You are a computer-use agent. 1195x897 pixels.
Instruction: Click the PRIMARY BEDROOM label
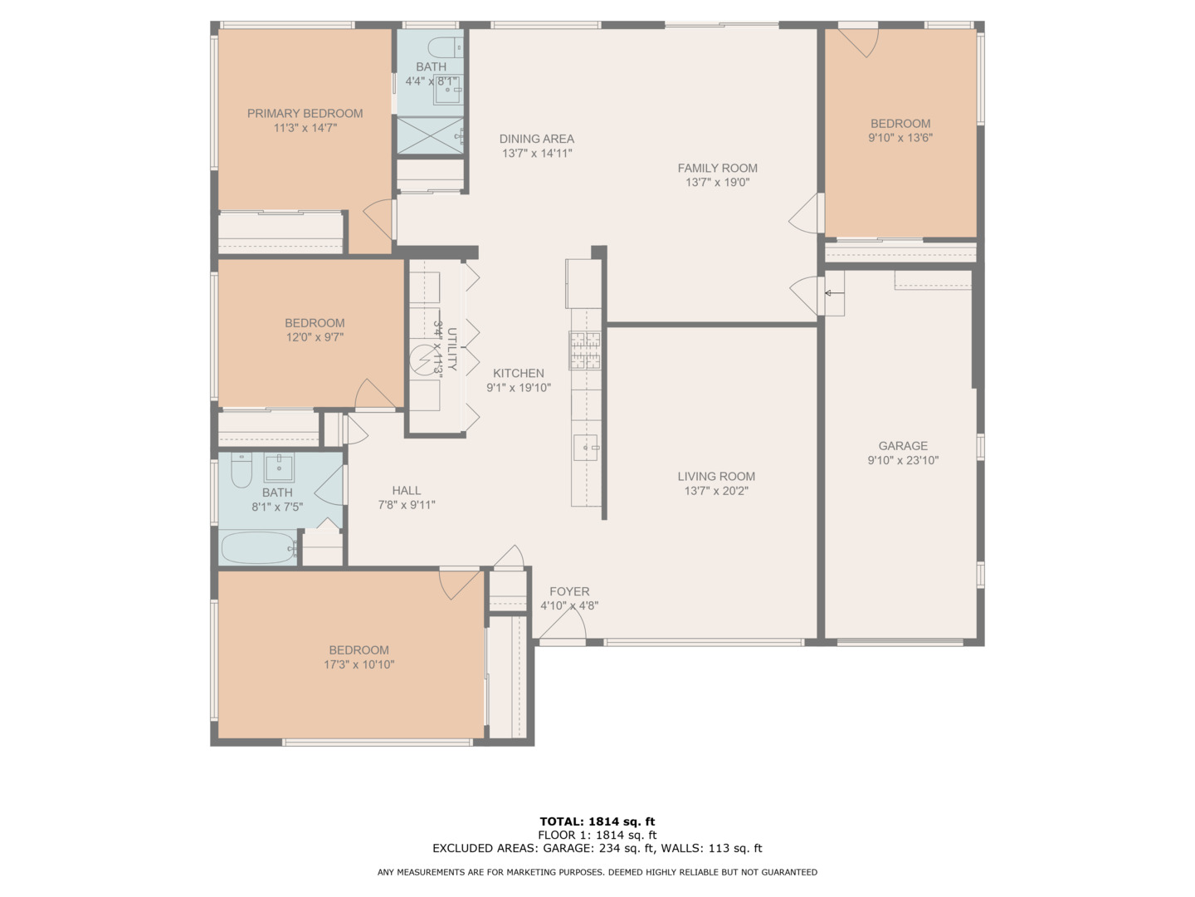(305, 113)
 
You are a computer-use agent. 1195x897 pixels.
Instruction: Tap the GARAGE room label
(903, 445)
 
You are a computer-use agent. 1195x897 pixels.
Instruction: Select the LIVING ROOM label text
(716, 476)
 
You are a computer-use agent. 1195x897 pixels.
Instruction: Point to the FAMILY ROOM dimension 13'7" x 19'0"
(717, 182)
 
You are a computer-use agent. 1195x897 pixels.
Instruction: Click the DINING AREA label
(537, 139)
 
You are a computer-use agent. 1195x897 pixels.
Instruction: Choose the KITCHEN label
(519, 373)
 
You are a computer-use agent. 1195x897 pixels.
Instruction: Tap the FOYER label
(569, 591)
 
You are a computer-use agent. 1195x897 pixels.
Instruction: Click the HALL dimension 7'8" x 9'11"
(407, 504)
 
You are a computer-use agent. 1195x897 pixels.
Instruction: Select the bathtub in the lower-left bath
(257, 548)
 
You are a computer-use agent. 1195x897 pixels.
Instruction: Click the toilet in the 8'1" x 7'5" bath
(241, 468)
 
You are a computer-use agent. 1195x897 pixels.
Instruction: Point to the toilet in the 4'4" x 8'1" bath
(445, 47)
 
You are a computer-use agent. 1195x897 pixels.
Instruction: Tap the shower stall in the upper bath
(430, 135)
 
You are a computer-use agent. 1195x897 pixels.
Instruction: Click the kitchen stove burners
(585, 350)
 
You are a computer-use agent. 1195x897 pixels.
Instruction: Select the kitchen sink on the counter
(586, 448)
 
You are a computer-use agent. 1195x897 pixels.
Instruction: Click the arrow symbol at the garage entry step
(835, 293)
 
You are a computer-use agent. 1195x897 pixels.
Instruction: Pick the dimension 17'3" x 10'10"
(358, 664)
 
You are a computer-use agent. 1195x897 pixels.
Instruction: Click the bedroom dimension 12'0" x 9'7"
(315, 337)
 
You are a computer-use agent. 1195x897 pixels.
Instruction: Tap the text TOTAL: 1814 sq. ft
(597, 821)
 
